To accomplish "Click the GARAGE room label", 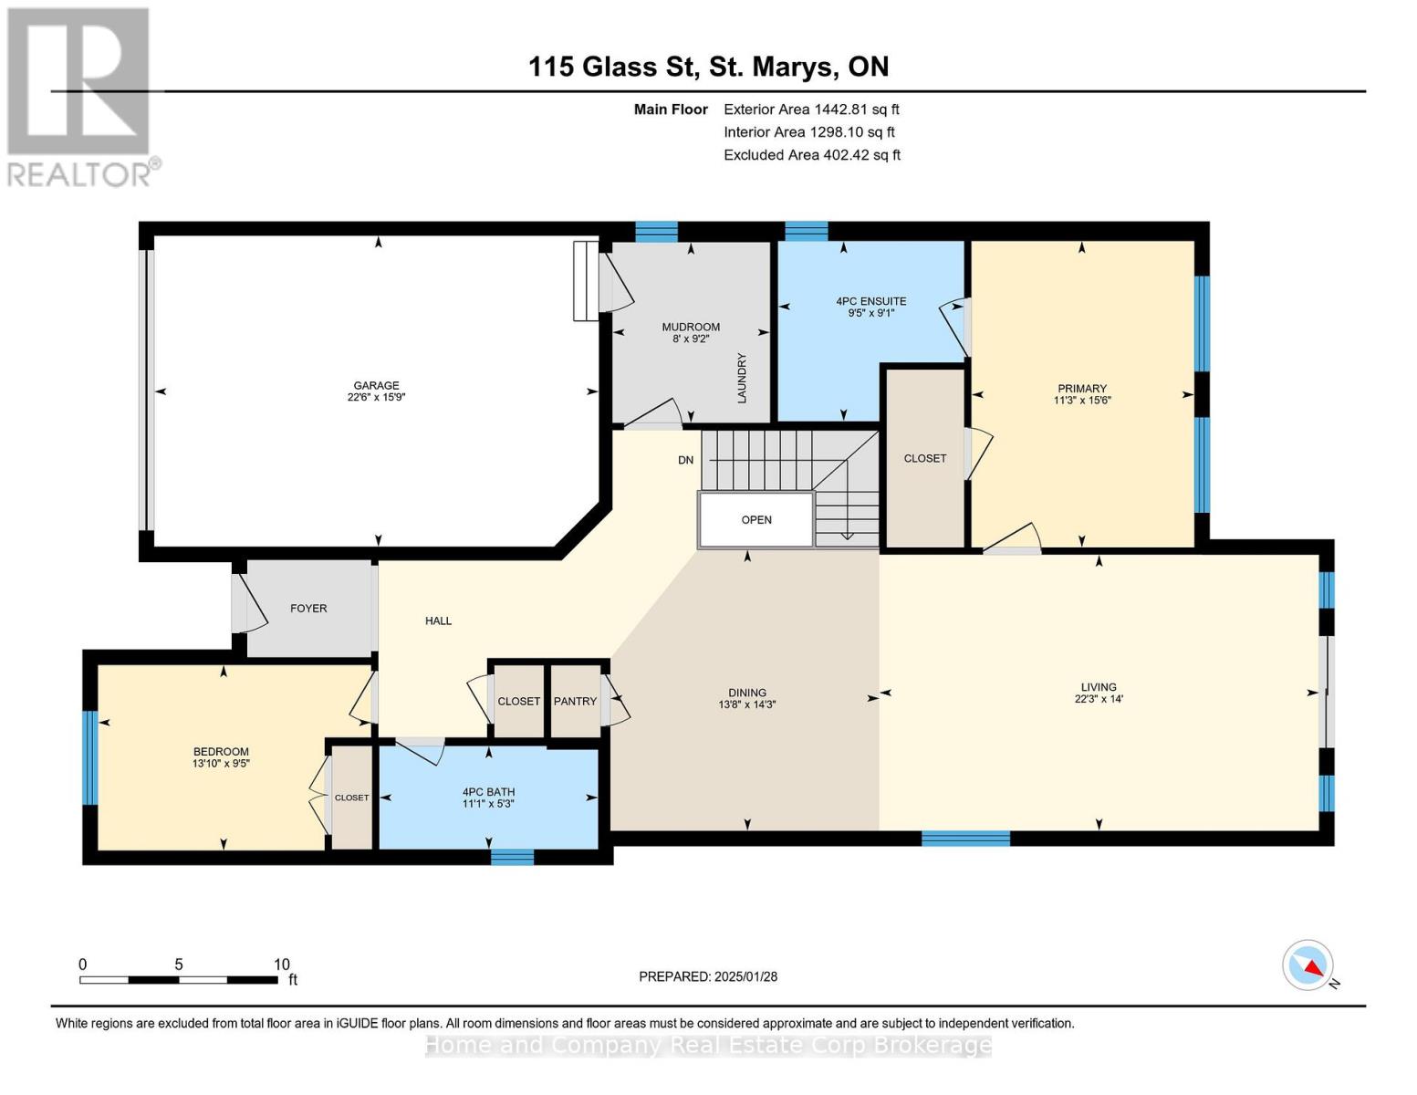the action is (376, 385).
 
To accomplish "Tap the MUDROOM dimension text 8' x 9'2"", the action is (691, 339).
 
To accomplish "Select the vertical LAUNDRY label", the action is (742, 379).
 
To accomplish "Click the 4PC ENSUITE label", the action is (871, 301).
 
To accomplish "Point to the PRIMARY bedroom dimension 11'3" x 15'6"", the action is (1082, 401).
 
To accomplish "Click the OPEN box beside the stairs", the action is (756, 520).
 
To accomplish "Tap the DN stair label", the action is (685, 460).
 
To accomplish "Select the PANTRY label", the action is (575, 701).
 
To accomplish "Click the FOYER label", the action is (308, 608).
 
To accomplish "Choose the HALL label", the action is (438, 620).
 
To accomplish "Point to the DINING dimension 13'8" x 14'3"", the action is (747, 704).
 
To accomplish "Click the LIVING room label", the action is (1099, 687).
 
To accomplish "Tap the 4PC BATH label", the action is (488, 792).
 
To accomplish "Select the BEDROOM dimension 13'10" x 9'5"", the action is (221, 763).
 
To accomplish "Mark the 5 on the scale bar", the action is (179, 965).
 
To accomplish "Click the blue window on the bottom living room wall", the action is (965, 839).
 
